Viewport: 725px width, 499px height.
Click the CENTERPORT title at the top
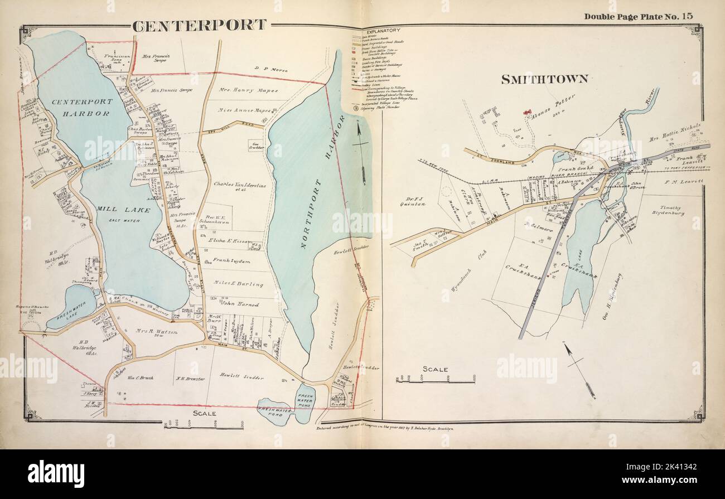pyautogui.click(x=199, y=25)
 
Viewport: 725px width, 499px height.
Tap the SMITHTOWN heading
pyautogui.click(x=544, y=79)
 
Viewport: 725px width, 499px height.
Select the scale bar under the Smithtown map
pyautogui.click(x=435, y=380)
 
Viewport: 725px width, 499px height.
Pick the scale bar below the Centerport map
pyautogui.click(x=203, y=425)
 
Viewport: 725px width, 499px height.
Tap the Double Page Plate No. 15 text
pyautogui.click(x=638, y=16)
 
